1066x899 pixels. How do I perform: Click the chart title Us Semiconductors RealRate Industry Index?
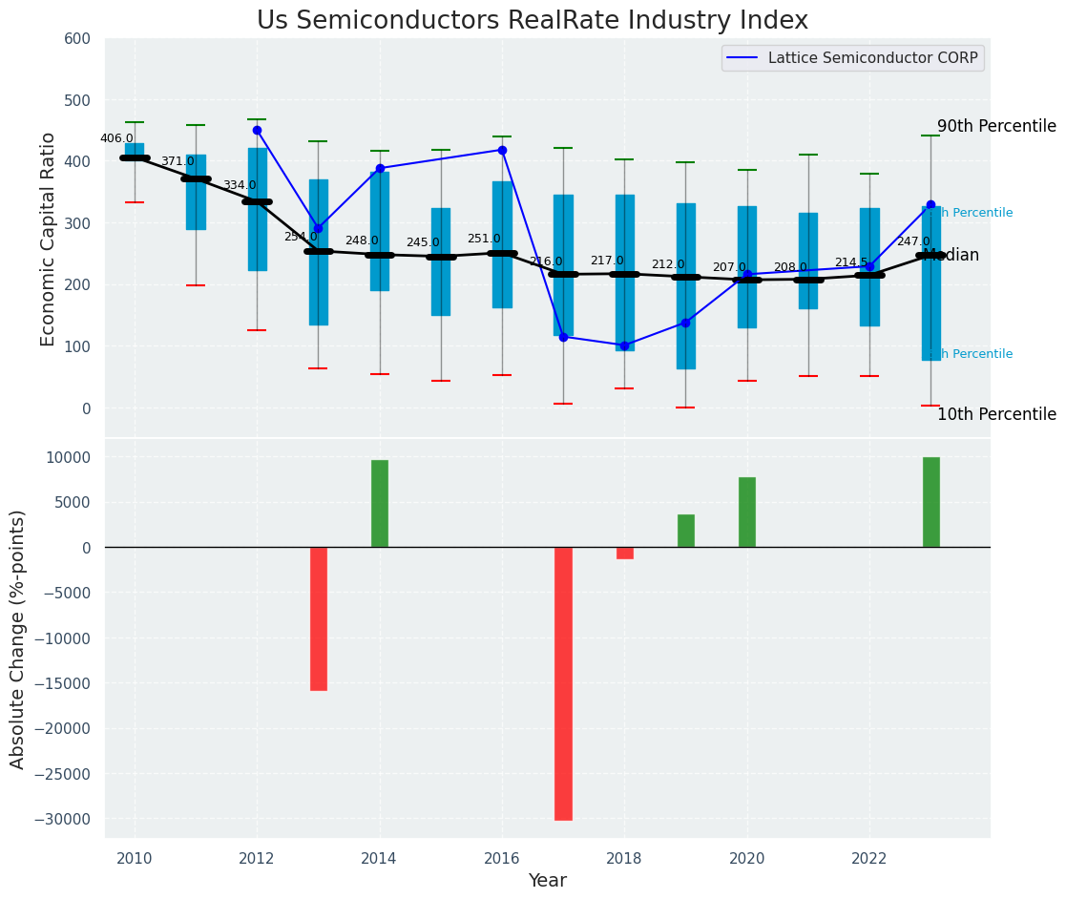pos(533,21)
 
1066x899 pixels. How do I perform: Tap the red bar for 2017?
pos(563,683)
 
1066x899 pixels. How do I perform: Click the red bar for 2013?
pos(319,618)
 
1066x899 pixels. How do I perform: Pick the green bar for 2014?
pos(380,504)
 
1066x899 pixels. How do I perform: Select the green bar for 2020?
pos(747,512)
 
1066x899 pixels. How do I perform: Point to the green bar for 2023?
pos(931,502)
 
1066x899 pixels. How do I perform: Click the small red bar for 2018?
pos(625,554)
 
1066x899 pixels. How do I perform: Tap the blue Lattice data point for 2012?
pos(257,130)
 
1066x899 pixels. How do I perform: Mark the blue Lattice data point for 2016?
pos(502,150)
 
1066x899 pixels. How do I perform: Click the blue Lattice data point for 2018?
pos(624,345)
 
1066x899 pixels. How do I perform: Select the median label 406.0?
pos(116,138)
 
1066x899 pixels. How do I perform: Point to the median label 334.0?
pos(240,185)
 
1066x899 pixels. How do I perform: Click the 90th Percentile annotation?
pos(996,127)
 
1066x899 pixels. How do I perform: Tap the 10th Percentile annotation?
pos(996,414)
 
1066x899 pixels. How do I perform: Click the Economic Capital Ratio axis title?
pos(49,239)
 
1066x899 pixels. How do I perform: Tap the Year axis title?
pos(548,881)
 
